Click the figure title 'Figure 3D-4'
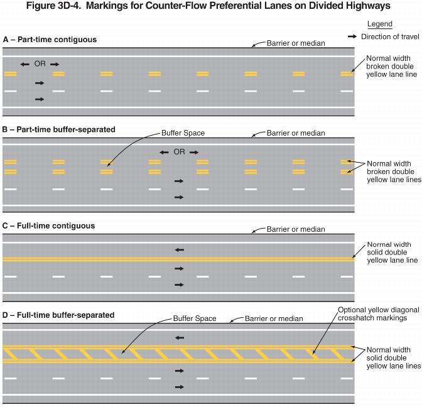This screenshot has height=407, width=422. coord(210,6)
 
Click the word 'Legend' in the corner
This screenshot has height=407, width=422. coord(379,24)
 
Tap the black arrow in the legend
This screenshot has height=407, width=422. coord(352,37)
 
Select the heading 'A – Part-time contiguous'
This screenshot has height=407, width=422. coord(50,40)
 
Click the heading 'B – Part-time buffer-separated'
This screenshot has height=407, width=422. coord(59,129)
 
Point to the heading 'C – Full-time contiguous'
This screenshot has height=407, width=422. coord(49,225)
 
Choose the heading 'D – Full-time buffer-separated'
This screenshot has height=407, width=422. coord(58,315)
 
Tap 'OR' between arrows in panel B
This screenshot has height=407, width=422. coord(180,152)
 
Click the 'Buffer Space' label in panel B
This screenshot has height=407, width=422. coord(183,133)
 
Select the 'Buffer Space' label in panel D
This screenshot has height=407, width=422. coord(195,318)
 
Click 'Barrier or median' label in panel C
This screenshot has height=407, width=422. coord(296,229)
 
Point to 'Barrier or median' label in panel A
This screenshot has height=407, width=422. coord(296,43)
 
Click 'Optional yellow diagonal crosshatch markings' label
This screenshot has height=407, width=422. coord(372,314)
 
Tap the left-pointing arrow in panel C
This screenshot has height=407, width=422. coord(180,250)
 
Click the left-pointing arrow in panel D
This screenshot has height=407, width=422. coord(180,338)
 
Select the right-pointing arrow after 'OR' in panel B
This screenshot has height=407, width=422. coord(194,152)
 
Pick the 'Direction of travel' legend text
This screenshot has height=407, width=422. coord(389,37)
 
